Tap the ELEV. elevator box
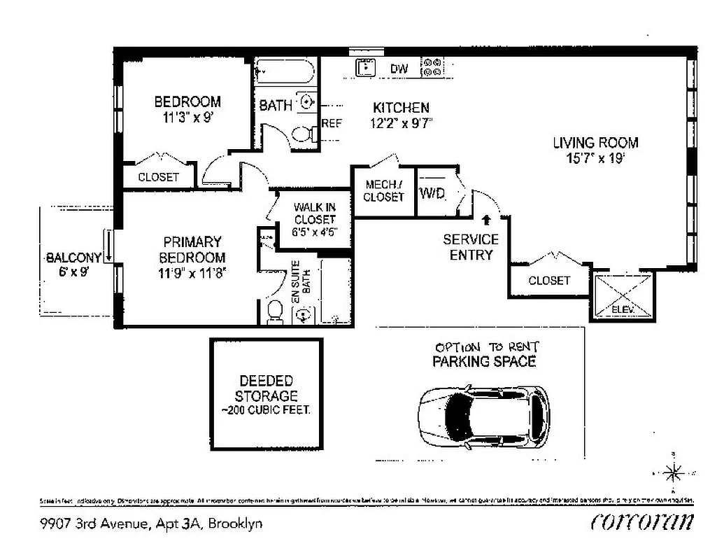click(x=623, y=297)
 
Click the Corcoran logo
click(x=642, y=521)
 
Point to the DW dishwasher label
click(x=399, y=69)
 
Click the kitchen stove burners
click(x=432, y=67)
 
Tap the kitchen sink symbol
click(x=365, y=68)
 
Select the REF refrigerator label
click(x=332, y=123)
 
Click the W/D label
click(x=432, y=193)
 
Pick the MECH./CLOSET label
click(x=383, y=190)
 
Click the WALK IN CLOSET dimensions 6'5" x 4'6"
click(x=314, y=230)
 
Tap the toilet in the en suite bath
click(x=275, y=311)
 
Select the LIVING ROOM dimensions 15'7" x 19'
click(x=595, y=159)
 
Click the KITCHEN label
click(x=401, y=108)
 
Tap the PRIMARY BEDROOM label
click(x=192, y=249)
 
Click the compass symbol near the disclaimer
click(x=673, y=474)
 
